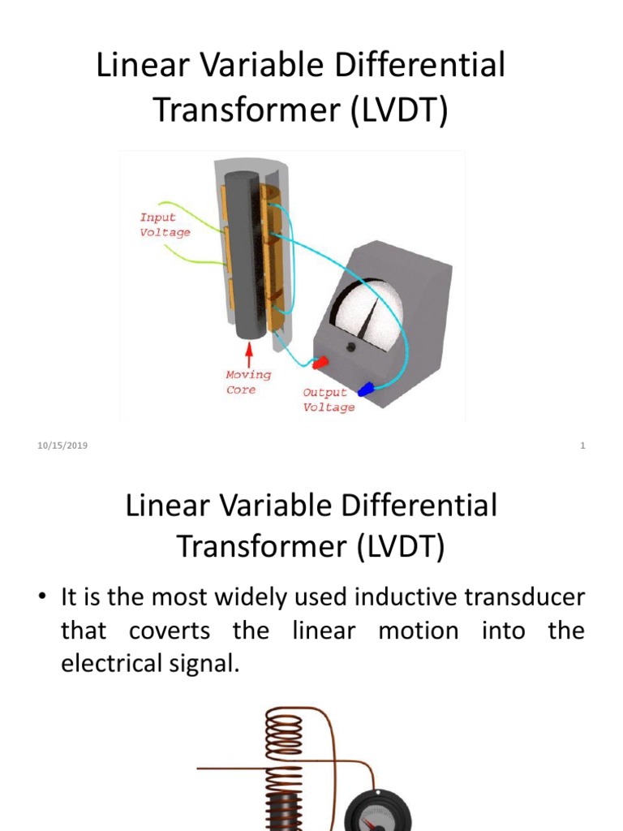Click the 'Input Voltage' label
[x=165, y=225]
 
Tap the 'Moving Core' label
[x=248, y=382]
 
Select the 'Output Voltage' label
[x=329, y=400]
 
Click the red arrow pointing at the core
[x=249, y=355]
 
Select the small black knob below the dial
[x=351, y=347]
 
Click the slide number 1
[x=582, y=446]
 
